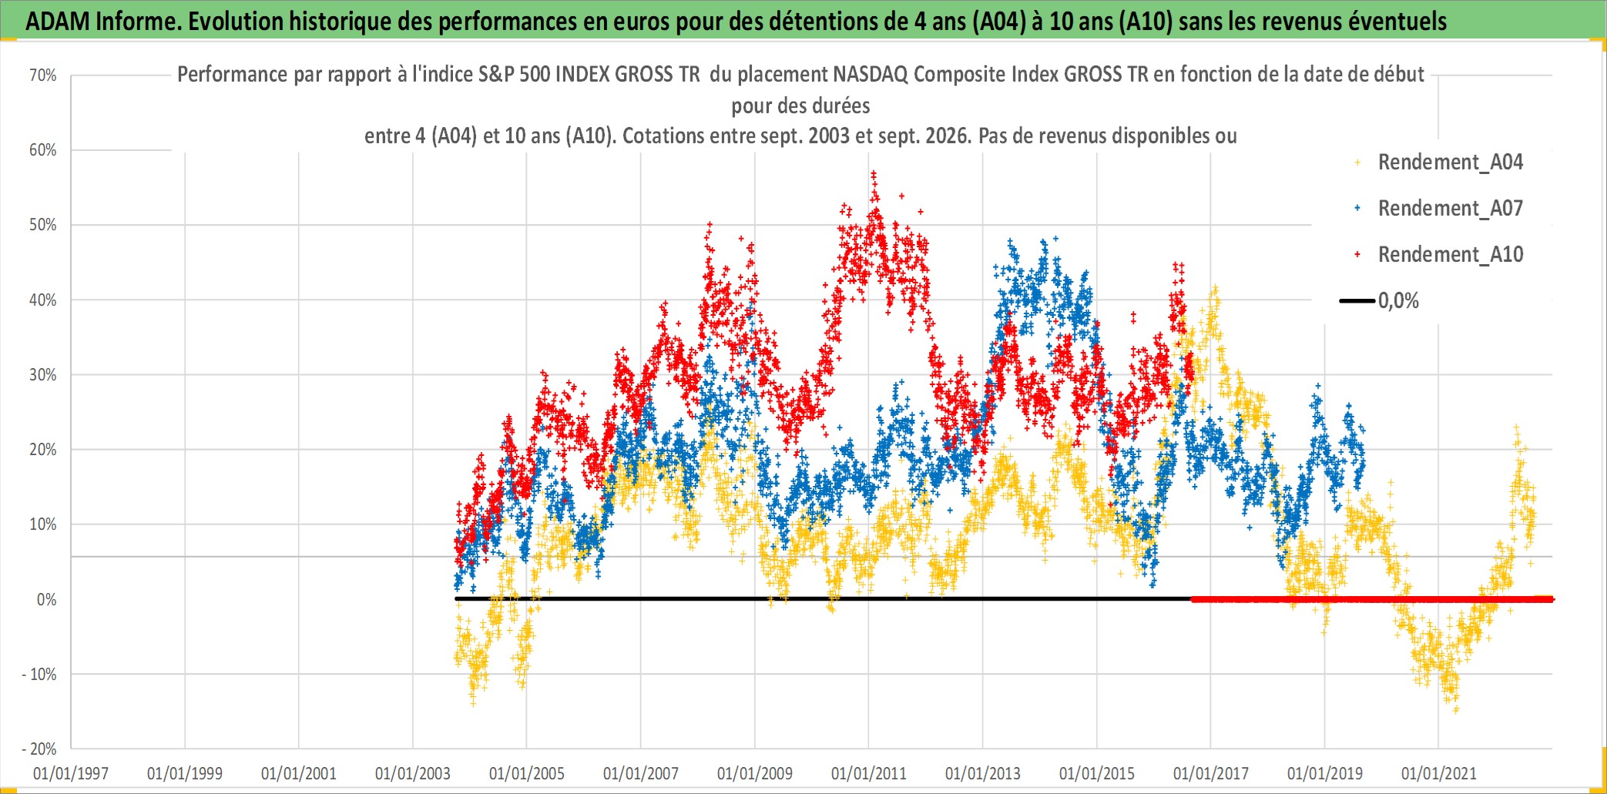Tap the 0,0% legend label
1398,301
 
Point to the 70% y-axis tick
43,75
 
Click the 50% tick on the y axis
43,225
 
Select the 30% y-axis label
43,375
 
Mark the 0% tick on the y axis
47,600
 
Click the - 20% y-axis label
39,749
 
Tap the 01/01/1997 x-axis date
71,773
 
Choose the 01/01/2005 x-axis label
527,773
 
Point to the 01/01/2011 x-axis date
869,773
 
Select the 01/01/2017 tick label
1211,773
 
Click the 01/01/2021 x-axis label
1439,773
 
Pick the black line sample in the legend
1357,301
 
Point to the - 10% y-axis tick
39,675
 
